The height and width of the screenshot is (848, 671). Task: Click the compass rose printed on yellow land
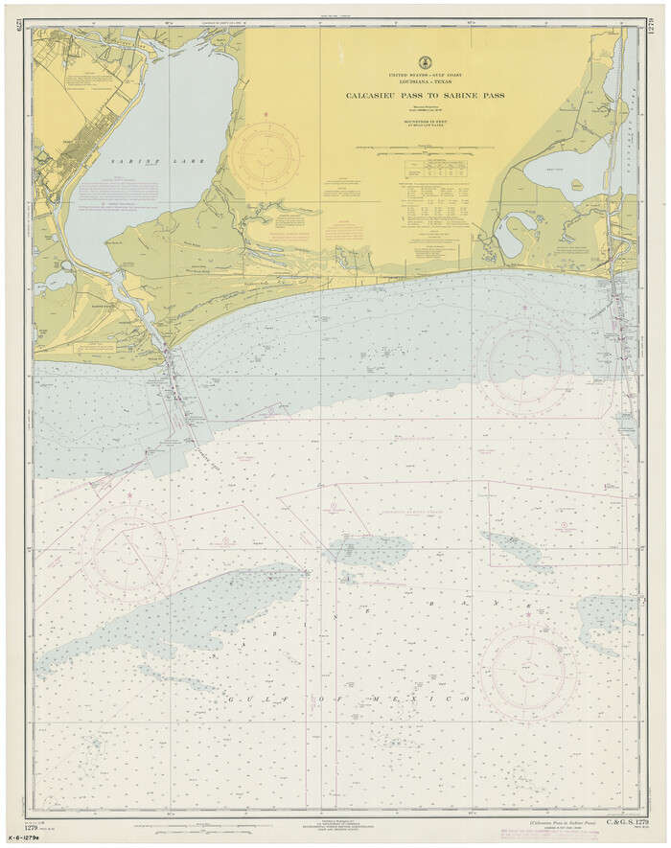click(266, 156)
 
